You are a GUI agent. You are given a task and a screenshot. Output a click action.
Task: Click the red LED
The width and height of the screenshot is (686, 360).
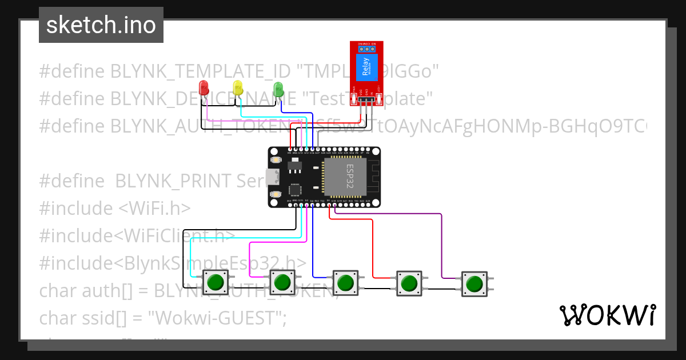203,88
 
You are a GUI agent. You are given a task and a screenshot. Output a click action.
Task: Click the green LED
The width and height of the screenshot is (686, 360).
278,89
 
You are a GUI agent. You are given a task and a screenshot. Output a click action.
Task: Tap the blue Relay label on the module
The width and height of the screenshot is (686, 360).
365,67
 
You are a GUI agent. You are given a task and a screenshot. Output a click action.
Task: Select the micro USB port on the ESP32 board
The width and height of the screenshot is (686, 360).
270,178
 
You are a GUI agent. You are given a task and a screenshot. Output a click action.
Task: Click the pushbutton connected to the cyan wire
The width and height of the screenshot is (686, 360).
216,282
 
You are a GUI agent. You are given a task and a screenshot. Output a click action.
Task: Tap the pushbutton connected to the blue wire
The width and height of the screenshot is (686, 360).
345,282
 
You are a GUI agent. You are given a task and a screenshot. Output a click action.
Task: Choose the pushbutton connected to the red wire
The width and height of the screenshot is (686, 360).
409,282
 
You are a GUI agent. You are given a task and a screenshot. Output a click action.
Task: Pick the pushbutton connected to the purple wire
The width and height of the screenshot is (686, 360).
473,283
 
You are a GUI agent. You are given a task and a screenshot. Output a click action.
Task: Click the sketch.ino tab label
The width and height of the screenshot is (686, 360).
101,25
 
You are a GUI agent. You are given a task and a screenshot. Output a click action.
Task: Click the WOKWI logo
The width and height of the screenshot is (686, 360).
607,315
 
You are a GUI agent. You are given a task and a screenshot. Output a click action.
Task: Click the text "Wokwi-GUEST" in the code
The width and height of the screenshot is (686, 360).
220,318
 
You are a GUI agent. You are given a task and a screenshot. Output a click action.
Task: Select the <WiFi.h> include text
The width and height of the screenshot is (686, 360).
154,209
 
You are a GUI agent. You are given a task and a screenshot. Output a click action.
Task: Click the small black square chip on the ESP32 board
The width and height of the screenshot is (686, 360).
295,190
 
